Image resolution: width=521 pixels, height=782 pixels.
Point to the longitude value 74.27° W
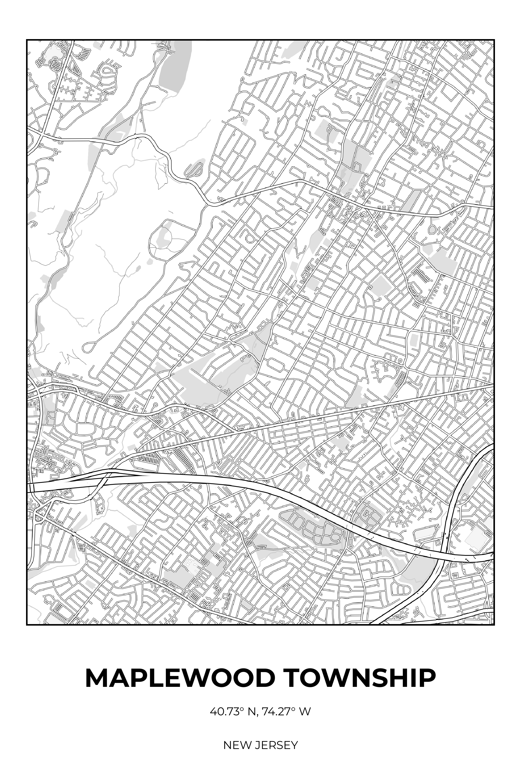point(286,712)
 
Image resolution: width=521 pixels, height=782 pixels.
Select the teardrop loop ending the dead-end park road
point(88,347)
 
